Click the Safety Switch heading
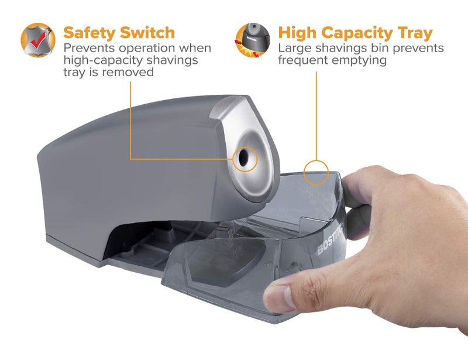[119, 32]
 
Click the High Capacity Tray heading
[355, 32]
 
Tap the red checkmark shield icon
[38, 40]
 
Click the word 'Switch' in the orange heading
[148, 32]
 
